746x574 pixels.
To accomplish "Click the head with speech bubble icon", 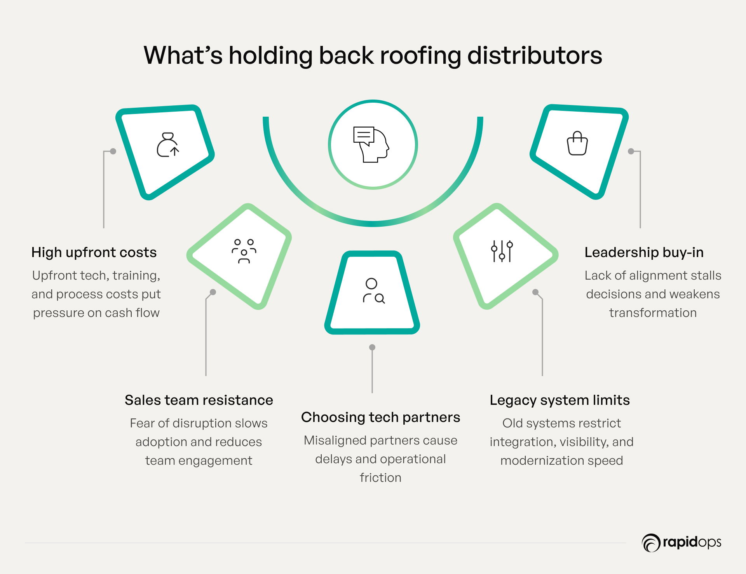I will [x=371, y=144].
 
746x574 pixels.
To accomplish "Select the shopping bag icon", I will [x=577, y=143].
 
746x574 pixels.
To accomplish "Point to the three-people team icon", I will [x=244, y=251].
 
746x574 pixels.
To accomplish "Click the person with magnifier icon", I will [x=373, y=291].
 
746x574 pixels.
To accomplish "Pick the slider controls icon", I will [x=502, y=251].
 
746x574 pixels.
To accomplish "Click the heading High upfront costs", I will [x=94, y=252].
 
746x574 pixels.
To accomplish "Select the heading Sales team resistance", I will [x=199, y=400].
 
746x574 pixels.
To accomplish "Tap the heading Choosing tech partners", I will [x=380, y=417].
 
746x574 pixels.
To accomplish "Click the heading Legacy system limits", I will [x=559, y=400].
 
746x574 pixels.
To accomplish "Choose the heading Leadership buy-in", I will [x=644, y=252].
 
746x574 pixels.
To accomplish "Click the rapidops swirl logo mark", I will [x=651, y=543].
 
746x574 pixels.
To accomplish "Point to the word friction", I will [x=380, y=478].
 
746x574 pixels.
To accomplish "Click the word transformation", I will [x=653, y=313].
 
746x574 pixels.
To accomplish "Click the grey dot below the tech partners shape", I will [x=372, y=347].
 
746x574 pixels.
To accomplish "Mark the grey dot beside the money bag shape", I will [x=113, y=151].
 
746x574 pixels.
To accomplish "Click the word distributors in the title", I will [x=535, y=56].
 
